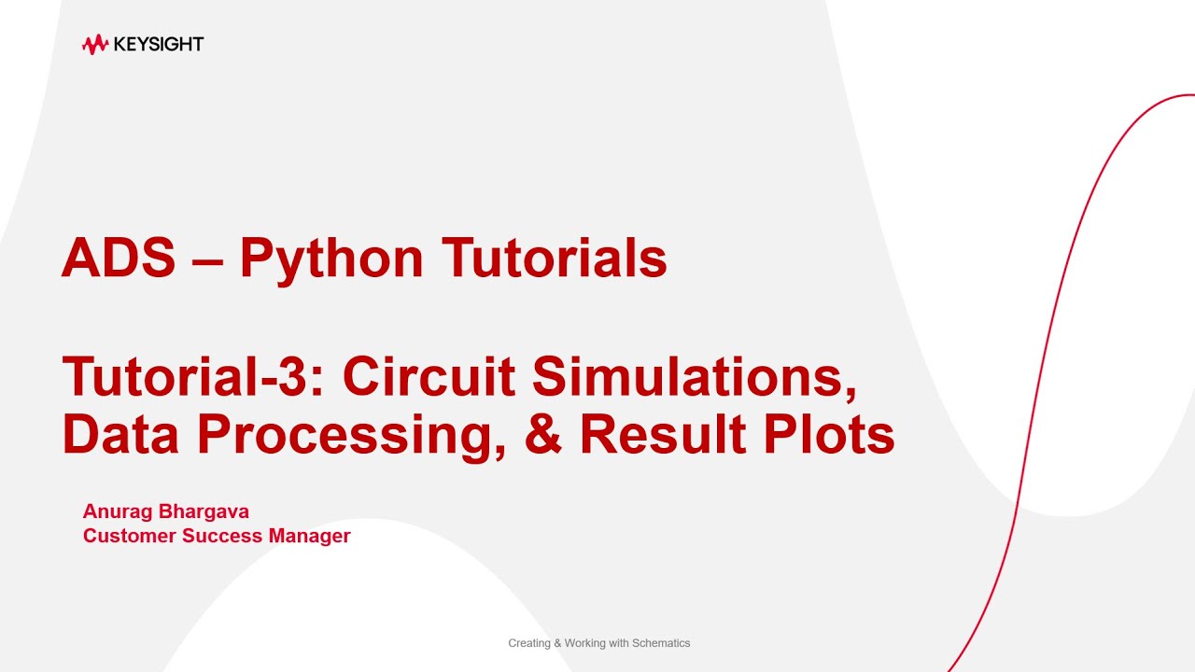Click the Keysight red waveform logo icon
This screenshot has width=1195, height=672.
point(95,44)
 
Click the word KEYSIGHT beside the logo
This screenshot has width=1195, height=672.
point(158,44)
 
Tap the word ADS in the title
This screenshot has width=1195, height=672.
point(119,259)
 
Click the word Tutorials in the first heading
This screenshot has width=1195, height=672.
point(555,259)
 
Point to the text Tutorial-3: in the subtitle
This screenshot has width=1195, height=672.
point(194,377)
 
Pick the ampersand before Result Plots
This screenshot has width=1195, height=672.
point(543,434)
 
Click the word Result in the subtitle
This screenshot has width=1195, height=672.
point(662,434)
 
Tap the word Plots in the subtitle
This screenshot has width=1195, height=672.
point(826,434)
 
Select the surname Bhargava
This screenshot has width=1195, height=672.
point(203,511)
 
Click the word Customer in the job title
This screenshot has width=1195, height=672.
point(129,536)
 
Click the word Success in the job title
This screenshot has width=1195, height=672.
point(222,536)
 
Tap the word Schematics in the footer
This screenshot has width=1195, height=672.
point(660,643)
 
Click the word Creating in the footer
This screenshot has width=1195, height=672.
point(528,643)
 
